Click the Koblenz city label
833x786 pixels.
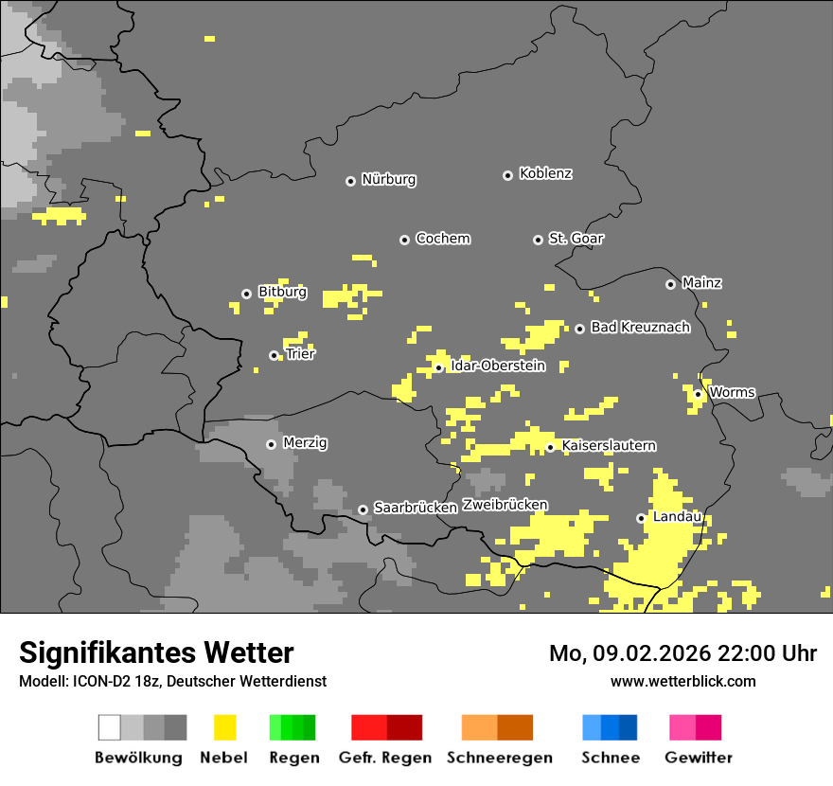(545, 174)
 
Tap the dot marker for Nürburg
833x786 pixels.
(350, 181)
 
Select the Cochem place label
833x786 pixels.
(442, 239)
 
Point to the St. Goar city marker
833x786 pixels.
(538, 240)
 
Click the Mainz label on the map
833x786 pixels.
(701, 283)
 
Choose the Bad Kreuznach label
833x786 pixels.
(640, 328)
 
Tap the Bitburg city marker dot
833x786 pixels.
(246, 294)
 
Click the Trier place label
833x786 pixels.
(300, 354)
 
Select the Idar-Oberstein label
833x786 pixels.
(497, 366)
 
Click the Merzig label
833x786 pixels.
(305, 443)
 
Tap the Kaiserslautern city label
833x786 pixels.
(609, 446)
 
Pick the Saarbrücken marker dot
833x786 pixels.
(363, 509)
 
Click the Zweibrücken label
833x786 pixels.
(505, 506)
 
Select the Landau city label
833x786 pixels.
(677, 517)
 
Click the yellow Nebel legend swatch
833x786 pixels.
(224, 727)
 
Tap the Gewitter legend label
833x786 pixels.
(698, 758)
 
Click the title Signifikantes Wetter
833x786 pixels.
(156, 652)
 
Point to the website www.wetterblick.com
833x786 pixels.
(682, 681)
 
